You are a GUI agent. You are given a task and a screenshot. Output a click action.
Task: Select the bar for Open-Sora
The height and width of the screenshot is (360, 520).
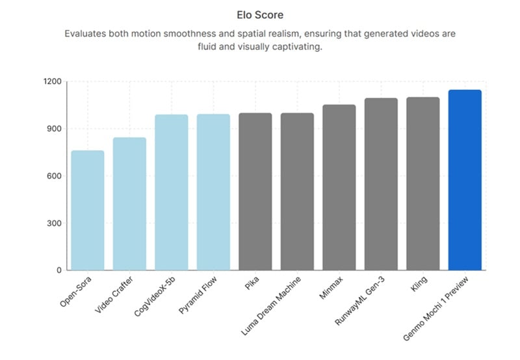(88, 211)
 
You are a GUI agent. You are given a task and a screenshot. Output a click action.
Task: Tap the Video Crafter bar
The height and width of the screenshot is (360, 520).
(129, 204)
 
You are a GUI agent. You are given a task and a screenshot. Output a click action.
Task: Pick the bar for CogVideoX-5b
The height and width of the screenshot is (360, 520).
(172, 192)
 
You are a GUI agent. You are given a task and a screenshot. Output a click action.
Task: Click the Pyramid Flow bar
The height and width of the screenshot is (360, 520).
(213, 192)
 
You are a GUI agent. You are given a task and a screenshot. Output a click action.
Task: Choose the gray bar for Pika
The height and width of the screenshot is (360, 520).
(255, 192)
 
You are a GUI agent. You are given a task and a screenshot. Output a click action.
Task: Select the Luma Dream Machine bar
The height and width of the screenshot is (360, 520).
(297, 192)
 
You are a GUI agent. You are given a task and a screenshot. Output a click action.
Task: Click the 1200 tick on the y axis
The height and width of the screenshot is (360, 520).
(53, 82)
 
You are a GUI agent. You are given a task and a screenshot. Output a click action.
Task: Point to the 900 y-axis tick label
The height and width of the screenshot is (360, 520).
(55, 129)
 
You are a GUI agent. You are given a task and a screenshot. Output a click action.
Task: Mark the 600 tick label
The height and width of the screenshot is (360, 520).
(55, 176)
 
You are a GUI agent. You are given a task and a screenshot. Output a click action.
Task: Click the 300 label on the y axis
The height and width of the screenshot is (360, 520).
(55, 224)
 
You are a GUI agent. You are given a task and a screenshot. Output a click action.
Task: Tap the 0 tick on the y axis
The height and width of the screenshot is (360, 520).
(58, 270)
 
